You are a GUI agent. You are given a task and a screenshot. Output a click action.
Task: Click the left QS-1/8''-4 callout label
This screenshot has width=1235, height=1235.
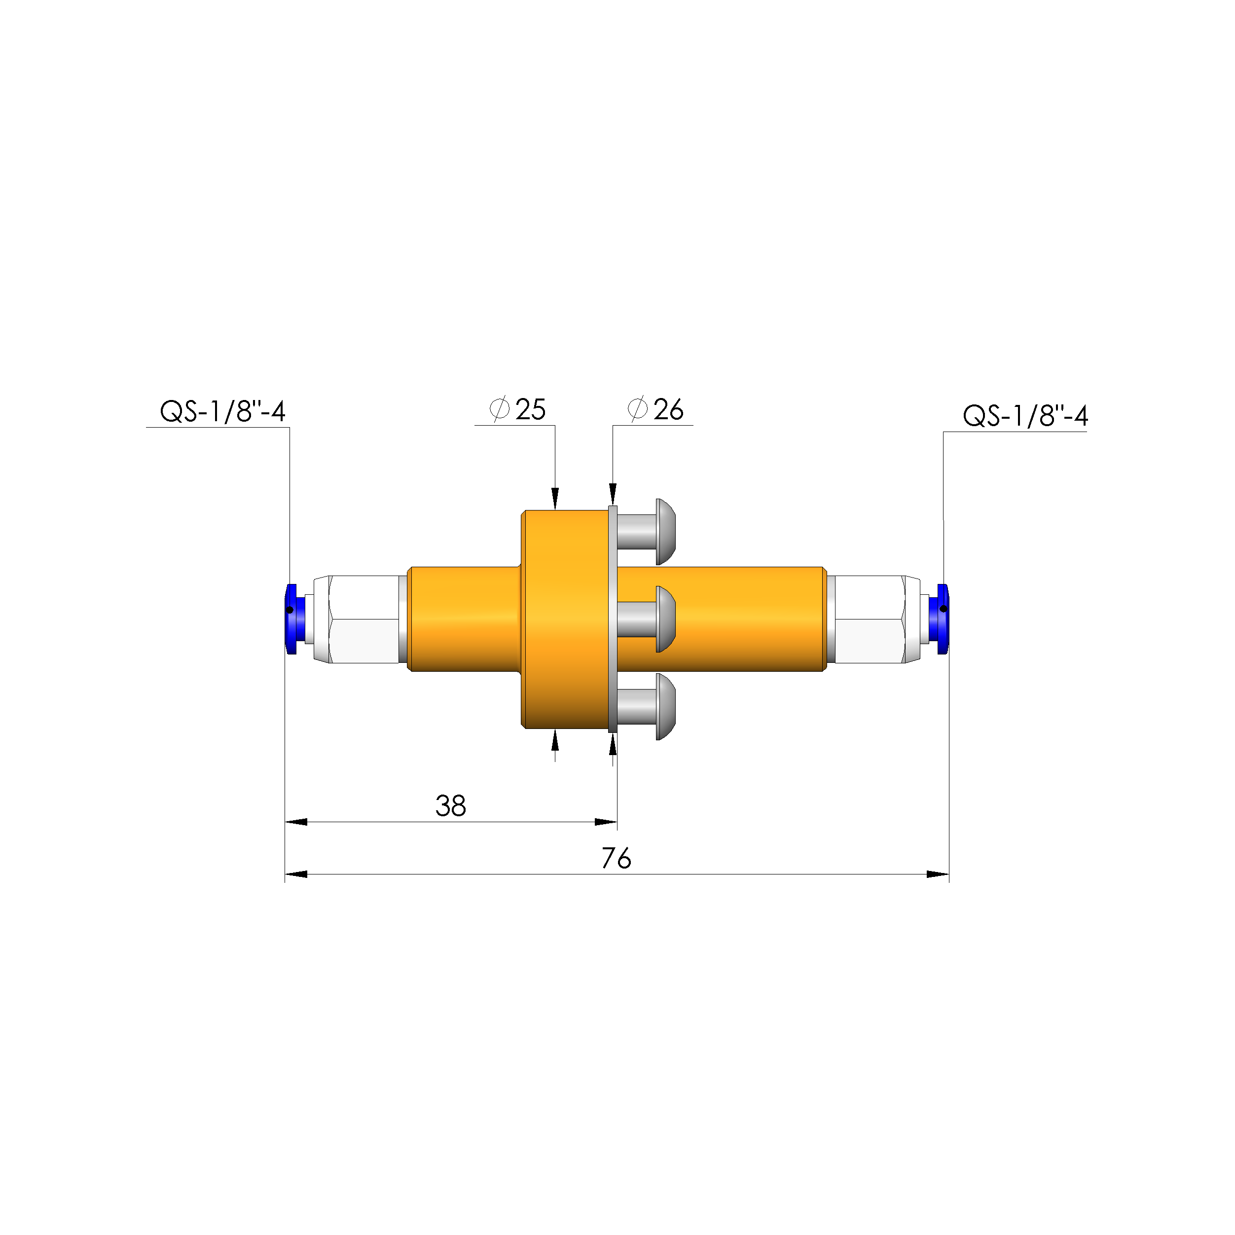[x=222, y=412]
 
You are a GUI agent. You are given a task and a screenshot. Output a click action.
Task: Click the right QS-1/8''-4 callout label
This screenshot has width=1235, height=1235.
[x=1025, y=416]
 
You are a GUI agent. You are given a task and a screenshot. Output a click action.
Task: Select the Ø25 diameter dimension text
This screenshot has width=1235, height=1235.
[x=518, y=410]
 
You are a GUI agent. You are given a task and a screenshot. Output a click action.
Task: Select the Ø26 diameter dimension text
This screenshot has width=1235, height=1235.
[x=656, y=410]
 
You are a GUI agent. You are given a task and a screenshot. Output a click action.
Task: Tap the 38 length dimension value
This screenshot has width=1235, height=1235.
[x=451, y=806]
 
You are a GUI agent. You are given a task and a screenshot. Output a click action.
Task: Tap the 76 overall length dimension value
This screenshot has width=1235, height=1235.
[x=616, y=859]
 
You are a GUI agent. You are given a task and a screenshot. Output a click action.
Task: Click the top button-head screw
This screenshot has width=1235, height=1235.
[x=646, y=532]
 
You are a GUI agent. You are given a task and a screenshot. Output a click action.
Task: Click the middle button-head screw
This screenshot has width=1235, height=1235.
[x=646, y=619]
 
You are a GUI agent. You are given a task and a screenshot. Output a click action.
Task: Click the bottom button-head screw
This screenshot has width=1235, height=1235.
[x=646, y=706]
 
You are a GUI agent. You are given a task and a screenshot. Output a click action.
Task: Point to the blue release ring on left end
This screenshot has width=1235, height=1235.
[x=291, y=619]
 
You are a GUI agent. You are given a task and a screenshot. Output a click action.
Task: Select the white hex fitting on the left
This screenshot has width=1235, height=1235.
[x=364, y=619]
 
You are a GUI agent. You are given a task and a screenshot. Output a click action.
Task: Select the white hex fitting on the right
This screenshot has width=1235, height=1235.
[x=870, y=619]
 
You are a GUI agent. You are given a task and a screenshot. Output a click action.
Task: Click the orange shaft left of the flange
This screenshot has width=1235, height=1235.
[x=464, y=619]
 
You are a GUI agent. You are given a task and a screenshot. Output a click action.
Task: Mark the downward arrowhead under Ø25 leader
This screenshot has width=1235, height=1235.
[x=555, y=499]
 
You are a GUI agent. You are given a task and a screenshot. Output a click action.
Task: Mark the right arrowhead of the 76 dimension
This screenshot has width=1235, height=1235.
[x=937, y=874]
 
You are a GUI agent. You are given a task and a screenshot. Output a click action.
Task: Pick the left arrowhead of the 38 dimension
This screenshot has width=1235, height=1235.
[x=296, y=822]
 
